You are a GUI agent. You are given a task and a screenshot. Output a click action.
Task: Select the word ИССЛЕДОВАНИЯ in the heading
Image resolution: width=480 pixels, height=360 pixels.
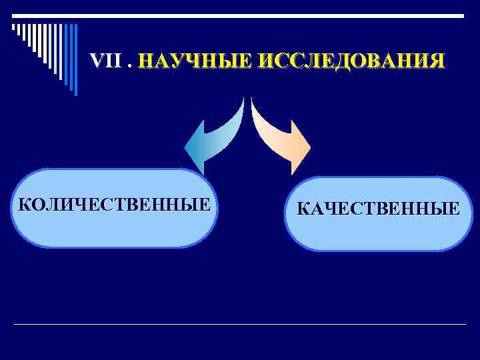tap(350, 62)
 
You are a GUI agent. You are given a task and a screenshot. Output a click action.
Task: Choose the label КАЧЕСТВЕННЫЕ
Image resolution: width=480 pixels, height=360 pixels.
tap(378, 210)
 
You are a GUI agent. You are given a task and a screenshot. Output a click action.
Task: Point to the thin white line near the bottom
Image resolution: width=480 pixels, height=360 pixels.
tap(240, 324)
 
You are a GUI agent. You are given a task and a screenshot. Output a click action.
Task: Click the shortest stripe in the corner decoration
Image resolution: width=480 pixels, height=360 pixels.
tap(14, 28)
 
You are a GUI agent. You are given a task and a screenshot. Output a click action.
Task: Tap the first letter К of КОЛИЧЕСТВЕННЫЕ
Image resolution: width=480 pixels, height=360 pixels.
tap(25, 204)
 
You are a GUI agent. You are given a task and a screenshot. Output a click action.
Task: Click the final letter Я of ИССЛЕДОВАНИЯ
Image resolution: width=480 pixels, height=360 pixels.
tap(435, 62)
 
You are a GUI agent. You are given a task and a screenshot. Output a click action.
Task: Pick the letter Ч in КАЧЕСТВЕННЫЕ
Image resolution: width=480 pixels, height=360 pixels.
tap(331, 210)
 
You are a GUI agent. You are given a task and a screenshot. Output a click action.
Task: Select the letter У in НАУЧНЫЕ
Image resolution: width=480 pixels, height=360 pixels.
tap(177, 62)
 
